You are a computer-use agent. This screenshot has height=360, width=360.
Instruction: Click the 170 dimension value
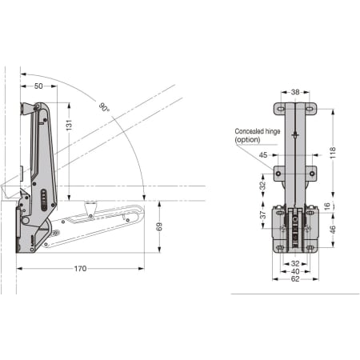80,268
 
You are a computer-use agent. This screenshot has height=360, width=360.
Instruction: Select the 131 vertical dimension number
69,125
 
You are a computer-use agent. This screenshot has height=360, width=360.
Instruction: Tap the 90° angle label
104,107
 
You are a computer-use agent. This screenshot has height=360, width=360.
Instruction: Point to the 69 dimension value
159,226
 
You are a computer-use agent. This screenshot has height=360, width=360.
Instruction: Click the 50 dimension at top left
38,86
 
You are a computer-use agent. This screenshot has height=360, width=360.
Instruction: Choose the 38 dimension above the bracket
295,92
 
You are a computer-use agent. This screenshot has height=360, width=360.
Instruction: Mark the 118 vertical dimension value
333,153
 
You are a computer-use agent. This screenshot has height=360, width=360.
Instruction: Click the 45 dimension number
263,154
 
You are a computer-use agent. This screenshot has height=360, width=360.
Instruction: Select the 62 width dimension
295,279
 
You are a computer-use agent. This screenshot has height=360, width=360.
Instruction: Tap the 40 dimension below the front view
295,271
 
